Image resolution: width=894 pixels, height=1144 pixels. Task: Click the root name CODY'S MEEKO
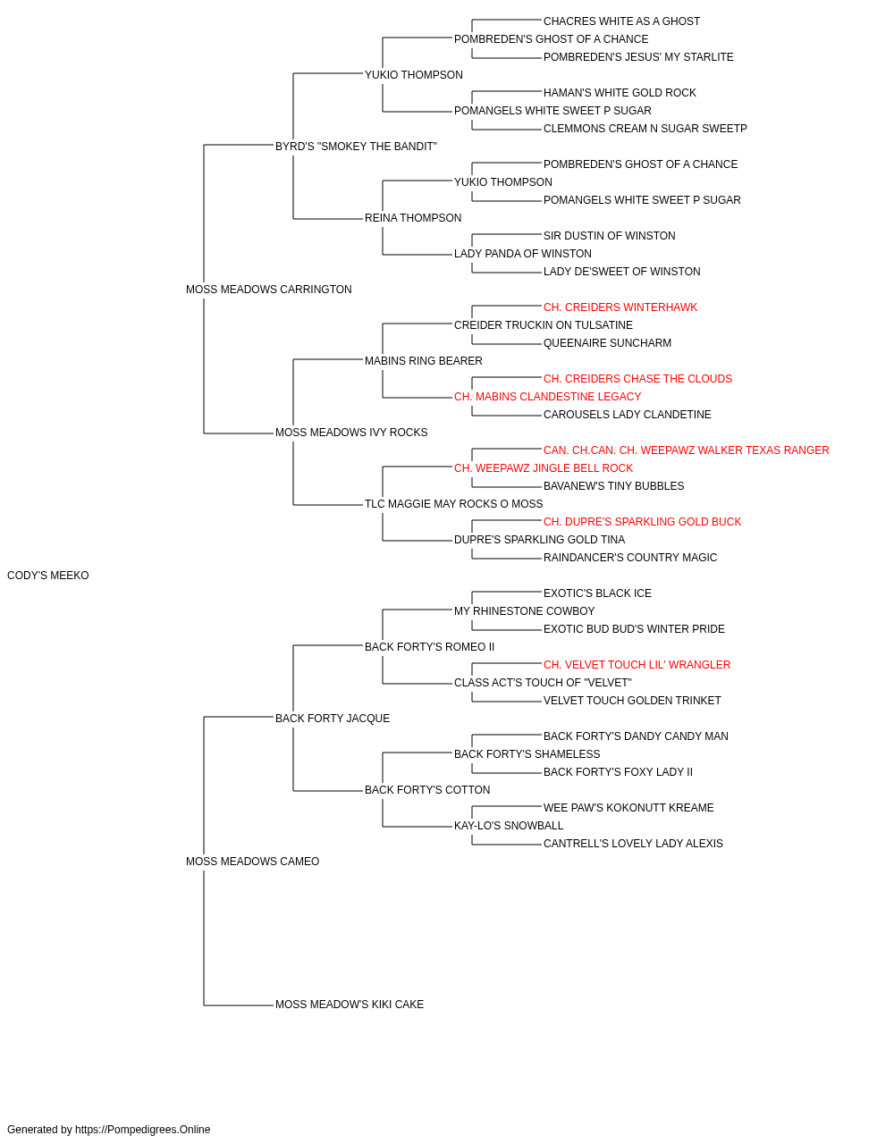(48, 576)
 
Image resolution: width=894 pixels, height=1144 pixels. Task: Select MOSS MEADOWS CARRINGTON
(268, 290)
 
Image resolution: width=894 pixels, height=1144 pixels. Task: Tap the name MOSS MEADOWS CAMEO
(252, 862)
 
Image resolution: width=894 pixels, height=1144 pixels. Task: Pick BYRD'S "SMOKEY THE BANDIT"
(356, 147)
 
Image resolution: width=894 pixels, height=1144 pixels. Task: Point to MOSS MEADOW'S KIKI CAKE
(349, 1005)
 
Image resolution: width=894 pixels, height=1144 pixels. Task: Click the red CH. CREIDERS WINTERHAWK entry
(620, 307)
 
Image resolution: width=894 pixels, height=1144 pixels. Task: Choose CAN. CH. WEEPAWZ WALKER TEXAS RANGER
(686, 450)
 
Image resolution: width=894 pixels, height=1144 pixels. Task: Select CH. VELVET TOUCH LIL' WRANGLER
(637, 665)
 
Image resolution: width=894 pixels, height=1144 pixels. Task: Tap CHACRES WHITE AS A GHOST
(621, 21)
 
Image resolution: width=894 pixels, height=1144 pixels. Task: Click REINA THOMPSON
(413, 218)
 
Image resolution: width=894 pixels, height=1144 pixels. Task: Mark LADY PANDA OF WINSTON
(523, 254)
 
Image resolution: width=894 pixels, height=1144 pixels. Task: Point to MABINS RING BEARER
(423, 361)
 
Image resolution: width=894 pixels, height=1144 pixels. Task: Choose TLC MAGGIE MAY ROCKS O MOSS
(453, 504)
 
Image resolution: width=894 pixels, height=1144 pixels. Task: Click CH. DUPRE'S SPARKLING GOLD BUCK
(642, 522)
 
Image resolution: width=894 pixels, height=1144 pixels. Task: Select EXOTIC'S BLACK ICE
(597, 593)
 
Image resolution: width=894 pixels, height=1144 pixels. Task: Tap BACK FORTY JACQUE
(333, 719)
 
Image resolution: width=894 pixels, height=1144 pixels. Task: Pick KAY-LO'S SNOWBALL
(509, 826)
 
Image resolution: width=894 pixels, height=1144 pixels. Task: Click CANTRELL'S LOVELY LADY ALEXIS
(633, 844)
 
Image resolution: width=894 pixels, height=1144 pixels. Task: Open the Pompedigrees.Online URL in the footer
(142, 1130)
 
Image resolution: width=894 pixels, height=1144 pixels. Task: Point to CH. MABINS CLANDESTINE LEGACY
(547, 397)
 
